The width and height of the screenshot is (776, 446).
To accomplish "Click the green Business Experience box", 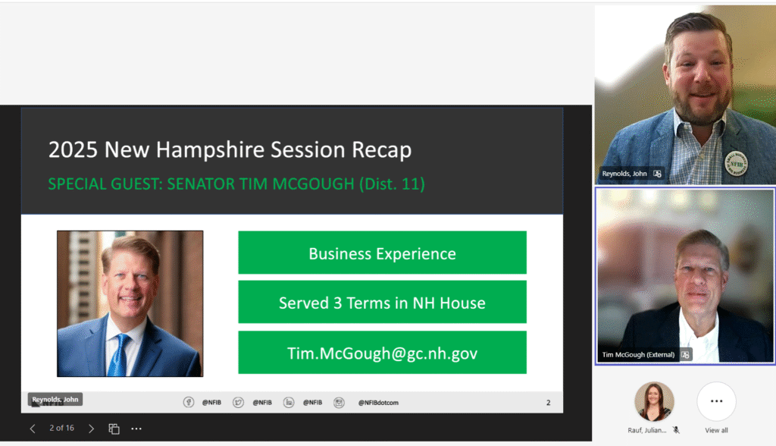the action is point(382,253).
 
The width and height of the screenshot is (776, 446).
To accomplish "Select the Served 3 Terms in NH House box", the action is point(382,302).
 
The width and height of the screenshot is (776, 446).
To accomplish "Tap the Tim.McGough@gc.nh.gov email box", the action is point(382,353).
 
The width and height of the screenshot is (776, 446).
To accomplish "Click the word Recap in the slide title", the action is point(382,150).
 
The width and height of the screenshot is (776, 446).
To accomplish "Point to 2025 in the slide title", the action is point(73,149).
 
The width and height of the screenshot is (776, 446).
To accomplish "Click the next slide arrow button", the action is point(91,429).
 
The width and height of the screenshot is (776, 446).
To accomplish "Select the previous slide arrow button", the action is point(33,429).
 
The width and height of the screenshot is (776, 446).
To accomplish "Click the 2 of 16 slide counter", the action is point(62,428).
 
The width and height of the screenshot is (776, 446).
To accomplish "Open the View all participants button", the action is point(716,401).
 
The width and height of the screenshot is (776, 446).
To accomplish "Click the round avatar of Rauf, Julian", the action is point(654,401).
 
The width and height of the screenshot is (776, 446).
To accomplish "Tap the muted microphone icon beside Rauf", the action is point(676,430).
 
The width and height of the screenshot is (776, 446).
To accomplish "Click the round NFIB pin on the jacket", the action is point(736,164).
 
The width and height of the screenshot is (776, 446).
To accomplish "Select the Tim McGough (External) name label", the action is point(638,355).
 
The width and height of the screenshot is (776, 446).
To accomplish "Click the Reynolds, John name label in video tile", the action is point(624,174).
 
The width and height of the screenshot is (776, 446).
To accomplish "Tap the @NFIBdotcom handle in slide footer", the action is point(378,403).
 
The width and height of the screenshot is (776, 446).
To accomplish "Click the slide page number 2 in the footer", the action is point(549,403).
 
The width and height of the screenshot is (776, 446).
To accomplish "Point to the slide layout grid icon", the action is point(114,429).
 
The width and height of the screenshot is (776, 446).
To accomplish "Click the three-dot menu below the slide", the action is point(136,429).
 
